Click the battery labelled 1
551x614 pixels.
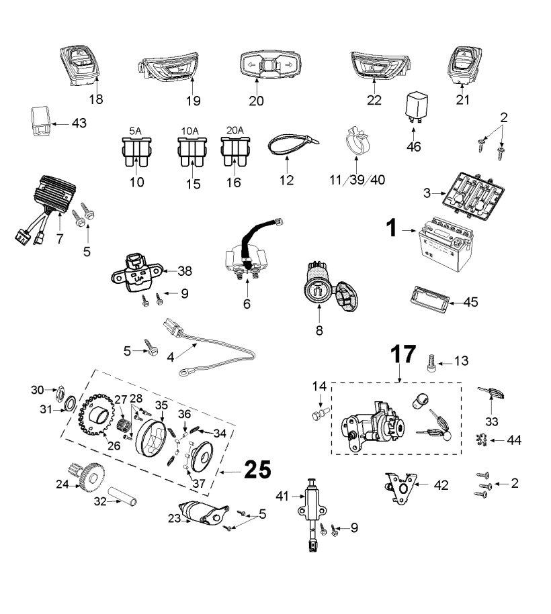pyautogui.click(x=446, y=245)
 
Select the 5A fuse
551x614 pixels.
pyautogui.click(x=136, y=152)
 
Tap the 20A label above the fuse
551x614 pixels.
pyautogui.click(x=235, y=130)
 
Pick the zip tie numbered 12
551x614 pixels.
pyautogui.click(x=292, y=144)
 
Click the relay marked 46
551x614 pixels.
pyautogui.click(x=416, y=105)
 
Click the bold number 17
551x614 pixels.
pyautogui.click(x=403, y=354)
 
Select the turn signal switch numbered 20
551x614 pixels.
pyautogui.click(x=270, y=65)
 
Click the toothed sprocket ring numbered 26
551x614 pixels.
pyautogui.click(x=97, y=414)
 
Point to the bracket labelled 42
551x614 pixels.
pyautogui.click(x=400, y=488)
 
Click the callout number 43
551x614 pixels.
pyautogui.click(x=79, y=123)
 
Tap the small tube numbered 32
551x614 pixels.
pyautogui.click(x=122, y=496)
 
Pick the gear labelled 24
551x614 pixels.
pyautogui.click(x=86, y=476)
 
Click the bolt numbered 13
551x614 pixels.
pyautogui.click(x=431, y=363)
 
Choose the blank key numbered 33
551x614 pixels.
pyautogui.click(x=491, y=393)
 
